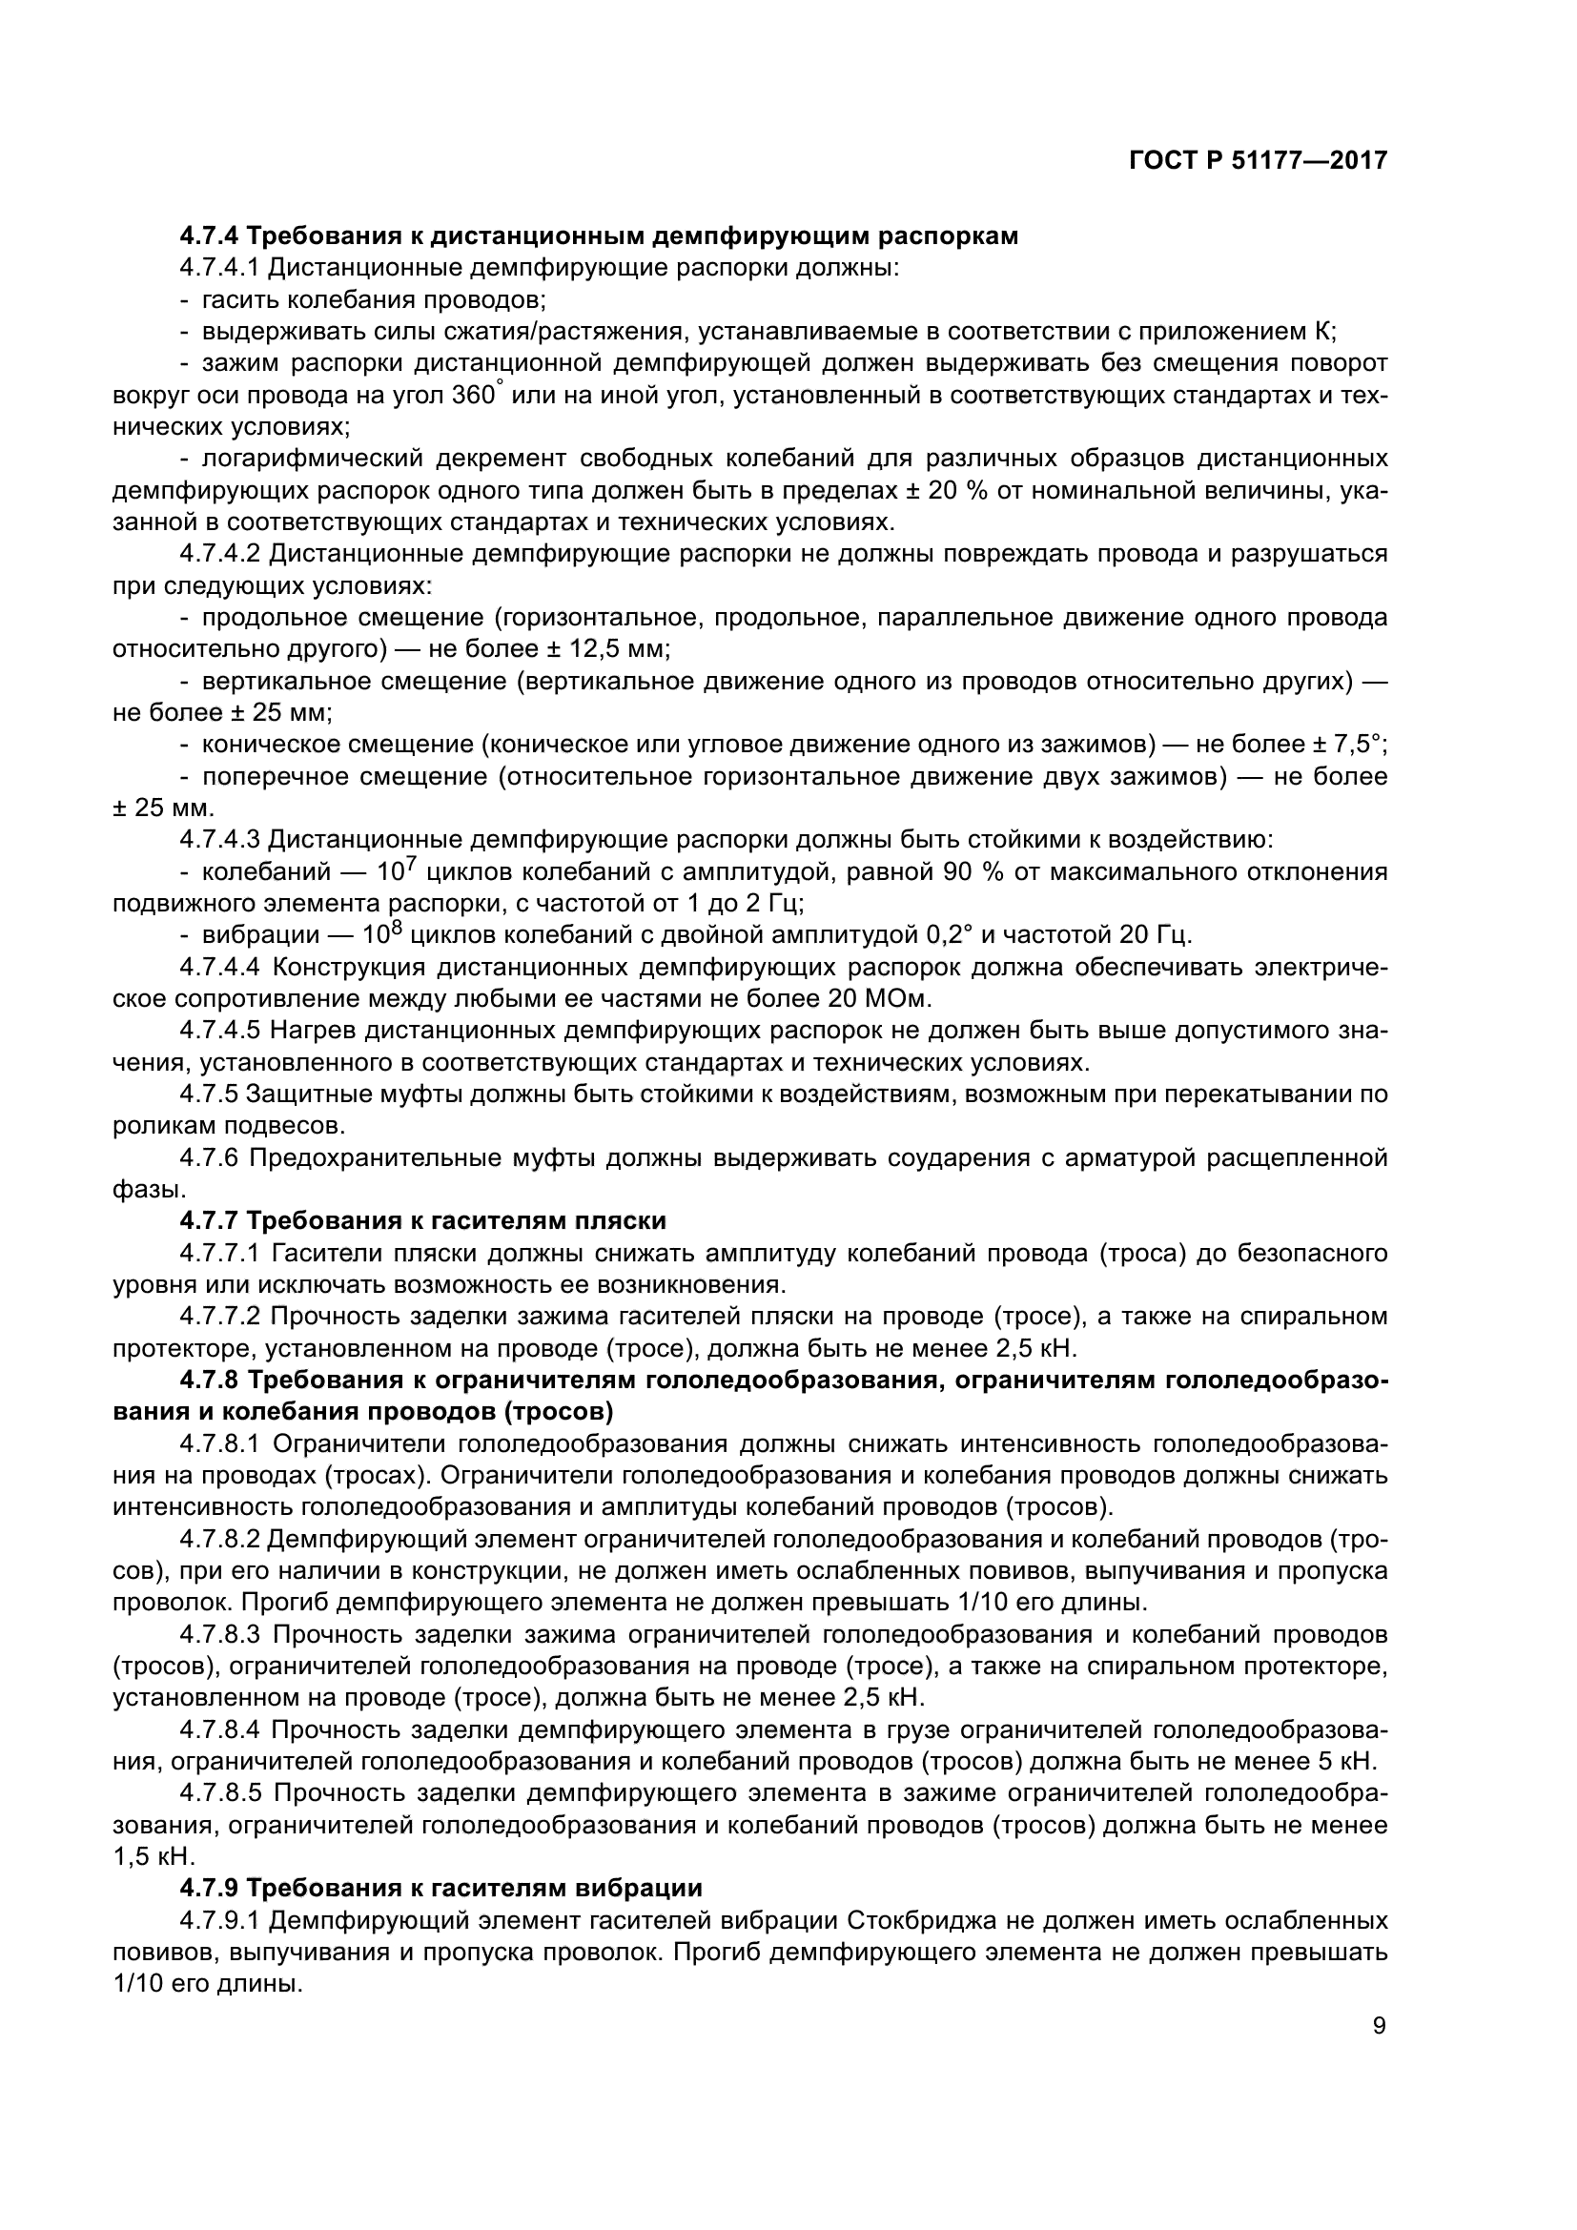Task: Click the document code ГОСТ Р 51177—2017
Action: coord(1258,160)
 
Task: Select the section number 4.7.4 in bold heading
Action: coord(209,236)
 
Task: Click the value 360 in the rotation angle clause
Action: coord(474,397)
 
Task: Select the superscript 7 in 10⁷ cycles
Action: coord(412,864)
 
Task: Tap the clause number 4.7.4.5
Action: coord(220,1031)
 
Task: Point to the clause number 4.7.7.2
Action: coord(220,1316)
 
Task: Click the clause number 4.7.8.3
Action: coord(220,1635)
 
